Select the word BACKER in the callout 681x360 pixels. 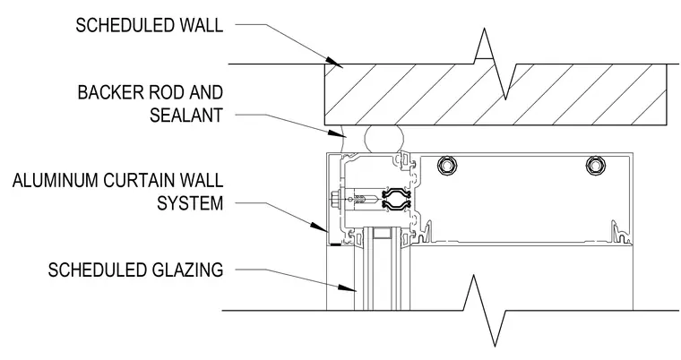pyautogui.click(x=110, y=92)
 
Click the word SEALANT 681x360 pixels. pyautogui.click(x=186, y=116)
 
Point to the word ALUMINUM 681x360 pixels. pyautogui.click(x=55, y=181)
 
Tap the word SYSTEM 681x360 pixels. pyautogui.click(x=190, y=203)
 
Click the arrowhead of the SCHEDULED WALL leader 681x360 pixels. pyautogui.click(x=334, y=63)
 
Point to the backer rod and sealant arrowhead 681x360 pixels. pyautogui.click(x=338, y=133)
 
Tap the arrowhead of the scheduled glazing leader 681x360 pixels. pyautogui.click(x=348, y=288)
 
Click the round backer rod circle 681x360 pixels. pyautogui.click(x=384, y=139)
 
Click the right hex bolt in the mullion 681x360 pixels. pyautogui.click(x=595, y=166)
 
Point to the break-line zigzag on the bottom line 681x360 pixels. pyautogui.click(x=484, y=311)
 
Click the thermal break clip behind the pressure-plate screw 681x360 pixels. pyautogui.click(x=397, y=199)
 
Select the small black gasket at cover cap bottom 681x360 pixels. pyautogui.click(x=335, y=244)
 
